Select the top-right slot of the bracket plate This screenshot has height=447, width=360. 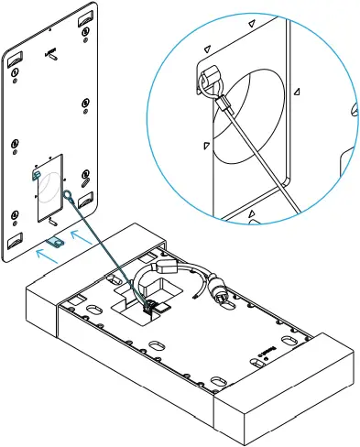click(x=83, y=17)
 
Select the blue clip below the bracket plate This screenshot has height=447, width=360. click(x=55, y=240)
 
